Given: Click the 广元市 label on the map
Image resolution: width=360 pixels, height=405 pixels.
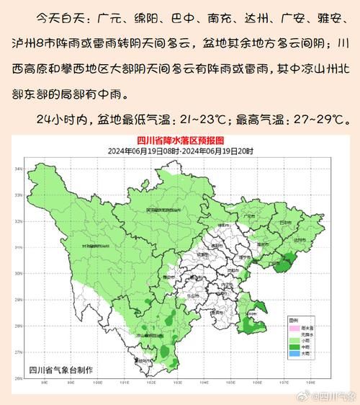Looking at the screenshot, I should [x=251, y=214].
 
